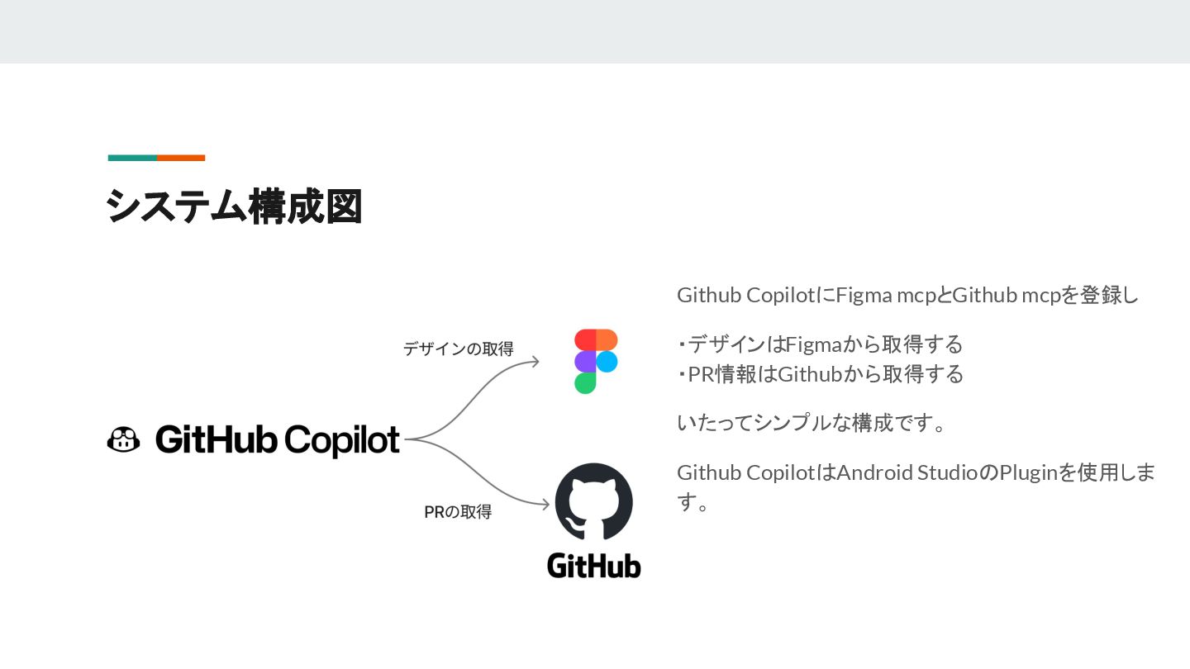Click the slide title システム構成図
[235, 206]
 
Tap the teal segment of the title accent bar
[132, 158]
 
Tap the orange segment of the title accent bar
[181, 158]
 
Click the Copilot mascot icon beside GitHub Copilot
[124, 439]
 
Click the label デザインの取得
[458, 349]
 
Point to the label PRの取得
[458, 512]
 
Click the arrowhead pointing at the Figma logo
[535, 361]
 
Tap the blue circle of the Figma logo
[607, 362]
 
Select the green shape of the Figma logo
[585, 383]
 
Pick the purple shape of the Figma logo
[585, 362]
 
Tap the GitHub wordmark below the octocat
[593, 566]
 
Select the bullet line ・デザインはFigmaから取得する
[820, 344]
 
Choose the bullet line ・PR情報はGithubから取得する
[820, 374]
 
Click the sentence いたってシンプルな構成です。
[811, 424]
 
